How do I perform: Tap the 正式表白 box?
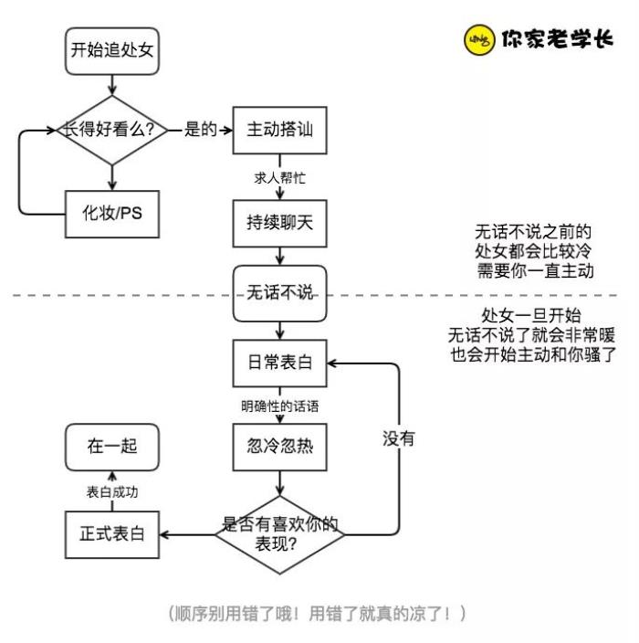[111, 532]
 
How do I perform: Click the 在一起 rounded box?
[111, 448]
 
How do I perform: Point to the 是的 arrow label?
[200, 130]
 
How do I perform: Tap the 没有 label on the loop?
[399, 438]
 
